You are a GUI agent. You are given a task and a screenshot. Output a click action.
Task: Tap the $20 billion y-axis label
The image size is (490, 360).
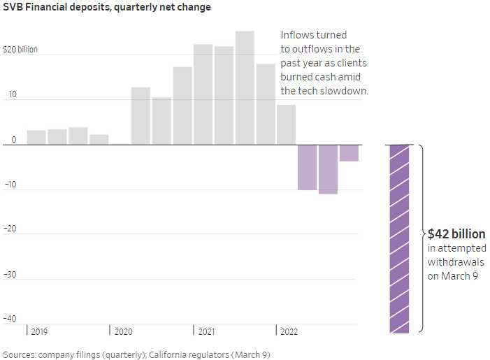coord(20,50)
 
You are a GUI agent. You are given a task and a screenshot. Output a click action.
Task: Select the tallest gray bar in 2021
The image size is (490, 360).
coord(245,87)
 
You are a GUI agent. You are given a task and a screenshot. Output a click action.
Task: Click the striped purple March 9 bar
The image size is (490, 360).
coord(399,238)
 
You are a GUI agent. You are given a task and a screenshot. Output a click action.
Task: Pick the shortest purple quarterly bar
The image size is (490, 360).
coord(349,152)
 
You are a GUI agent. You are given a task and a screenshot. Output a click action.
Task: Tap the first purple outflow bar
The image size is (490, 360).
coord(307,167)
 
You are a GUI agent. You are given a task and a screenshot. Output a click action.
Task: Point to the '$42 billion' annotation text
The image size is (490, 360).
coord(456,234)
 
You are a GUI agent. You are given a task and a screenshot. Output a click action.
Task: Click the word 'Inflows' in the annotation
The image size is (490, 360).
coord(296,35)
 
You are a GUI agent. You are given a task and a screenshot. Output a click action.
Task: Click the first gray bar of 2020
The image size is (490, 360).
coord(140,116)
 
